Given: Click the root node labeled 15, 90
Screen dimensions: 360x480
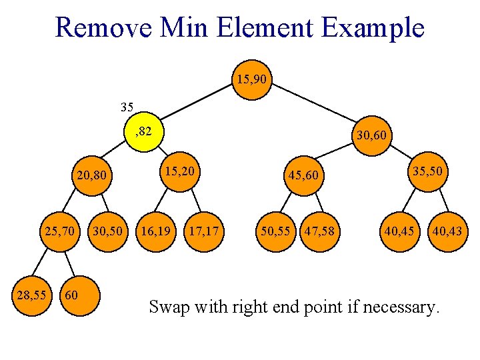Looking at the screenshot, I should [x=251, y=79].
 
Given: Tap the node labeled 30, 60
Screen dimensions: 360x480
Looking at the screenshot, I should [x=373, y=136].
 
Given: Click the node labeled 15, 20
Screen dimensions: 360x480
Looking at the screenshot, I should [x=180, y=171].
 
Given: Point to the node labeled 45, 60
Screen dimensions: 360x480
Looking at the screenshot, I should [x=304, y=175].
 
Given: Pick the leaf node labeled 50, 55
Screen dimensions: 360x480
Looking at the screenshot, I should [x=275, y=232].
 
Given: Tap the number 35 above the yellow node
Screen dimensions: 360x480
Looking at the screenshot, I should [x=127, y=107].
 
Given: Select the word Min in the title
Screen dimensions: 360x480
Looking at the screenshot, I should [x=181, y=28].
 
